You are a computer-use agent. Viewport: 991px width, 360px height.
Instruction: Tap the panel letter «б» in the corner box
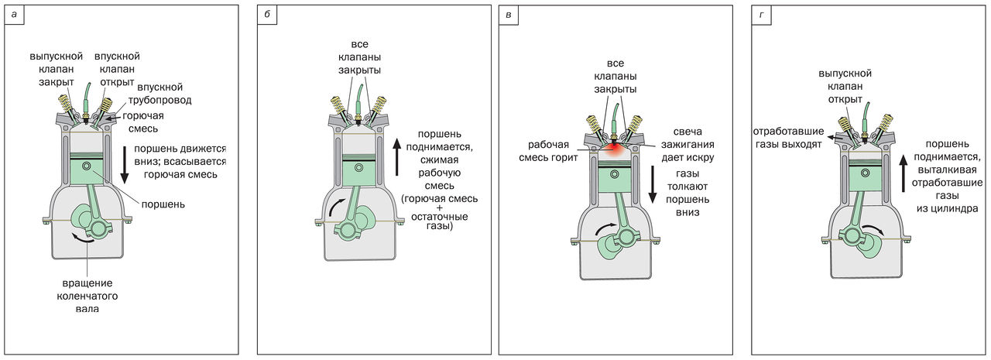click(268, 15)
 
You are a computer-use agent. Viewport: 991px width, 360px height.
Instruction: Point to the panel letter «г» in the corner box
click(762, 15)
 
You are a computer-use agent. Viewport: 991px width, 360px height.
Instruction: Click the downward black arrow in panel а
click(125, 167)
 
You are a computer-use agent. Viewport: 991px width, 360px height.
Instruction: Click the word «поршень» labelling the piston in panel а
click(163, 204)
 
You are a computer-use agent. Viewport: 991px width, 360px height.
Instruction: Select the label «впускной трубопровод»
click(165, 94)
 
